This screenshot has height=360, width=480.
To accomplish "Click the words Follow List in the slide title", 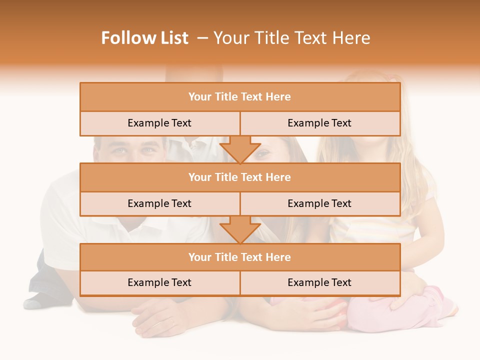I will (x=144, y=38).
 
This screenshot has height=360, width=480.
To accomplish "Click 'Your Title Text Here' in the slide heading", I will (x=291, y=38).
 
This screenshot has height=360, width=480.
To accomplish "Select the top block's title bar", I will (x=240, y=97).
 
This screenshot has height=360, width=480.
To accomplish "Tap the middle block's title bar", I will (x=240, y=177).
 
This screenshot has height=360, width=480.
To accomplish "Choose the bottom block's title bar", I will (x=240, y=257).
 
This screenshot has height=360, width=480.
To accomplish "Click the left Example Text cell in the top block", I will (x=159, y=123).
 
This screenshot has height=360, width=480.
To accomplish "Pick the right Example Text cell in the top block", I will (x=319, y=123).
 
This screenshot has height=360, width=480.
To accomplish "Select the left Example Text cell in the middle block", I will (x=159, y=203).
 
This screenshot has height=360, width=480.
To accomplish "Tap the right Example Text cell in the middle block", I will (x=319, y=203).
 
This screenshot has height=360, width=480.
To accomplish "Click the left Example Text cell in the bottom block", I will (x=159, y=282).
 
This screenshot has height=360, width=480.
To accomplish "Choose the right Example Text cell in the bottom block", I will (x=319, y=282).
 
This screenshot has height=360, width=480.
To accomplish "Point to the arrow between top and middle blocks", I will (x=240, y=150).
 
